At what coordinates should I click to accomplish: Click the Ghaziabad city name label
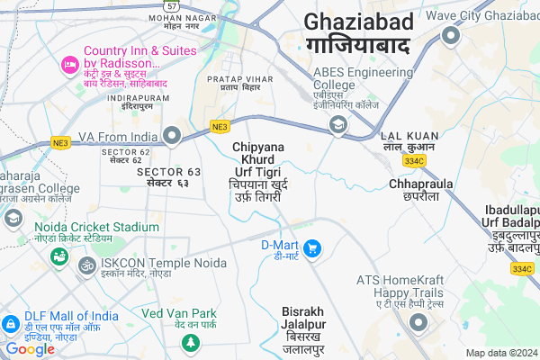click(x=359, y=33)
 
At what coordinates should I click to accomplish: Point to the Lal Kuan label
click(x=409, y=139)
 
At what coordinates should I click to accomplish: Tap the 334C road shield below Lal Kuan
click(x=415, y=160)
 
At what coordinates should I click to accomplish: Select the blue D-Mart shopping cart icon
click(x=312, y=247)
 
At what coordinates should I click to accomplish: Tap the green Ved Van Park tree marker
click(x=190, y=343)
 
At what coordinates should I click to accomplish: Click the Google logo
click(x=30, y=348)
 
